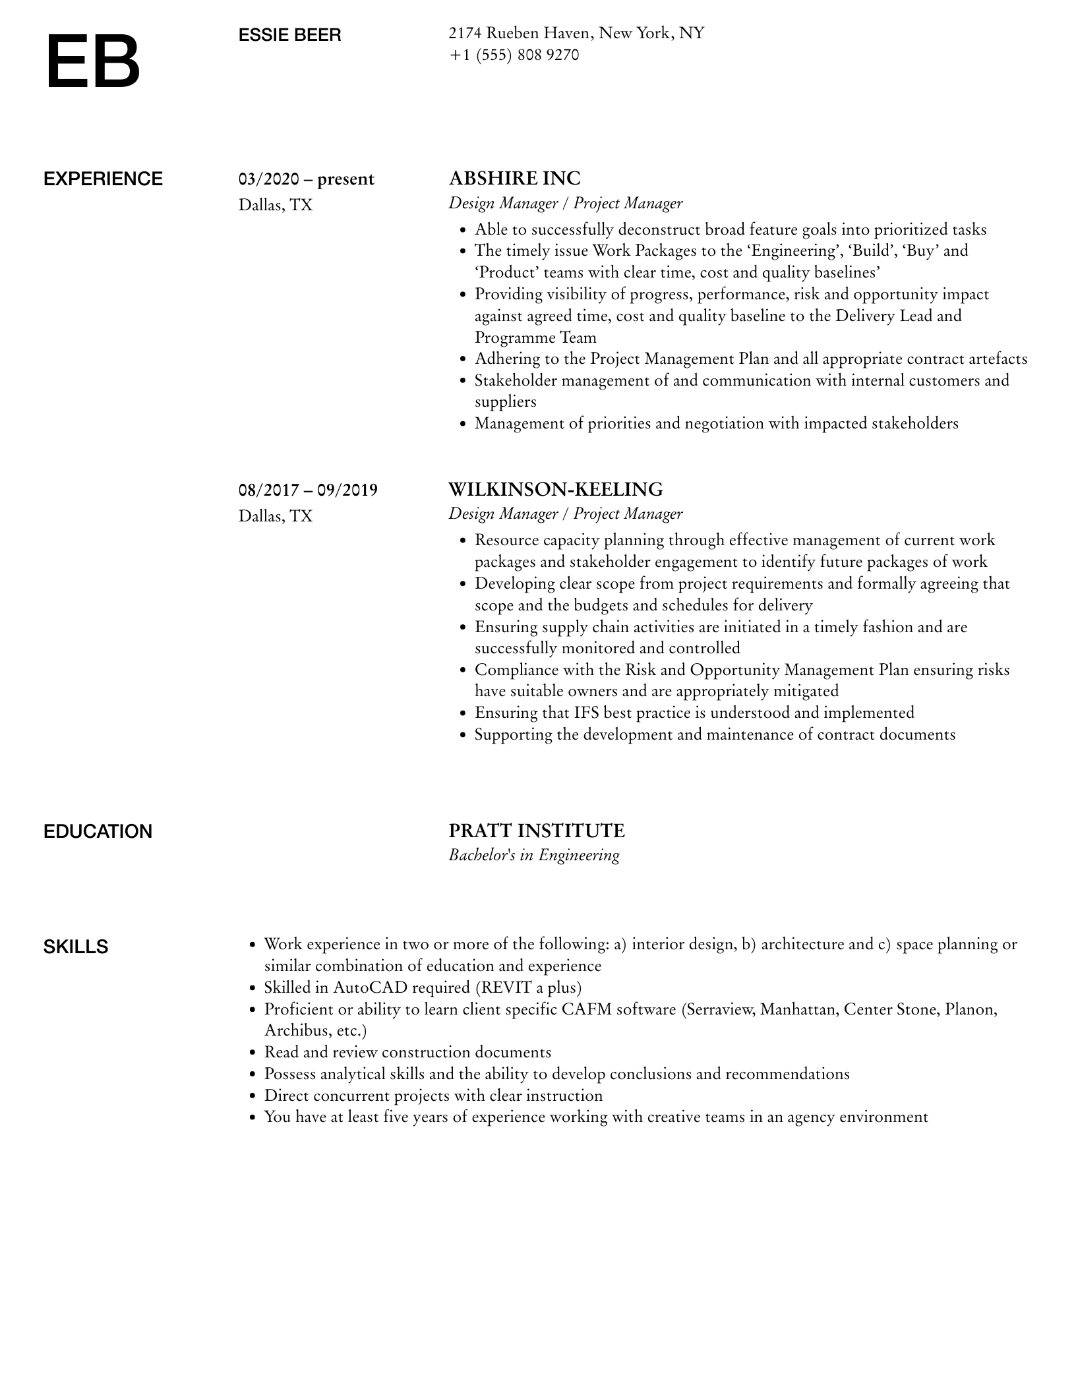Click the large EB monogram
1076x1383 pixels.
[x=93, y=62]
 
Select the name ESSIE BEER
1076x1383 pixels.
[x=289, y=35]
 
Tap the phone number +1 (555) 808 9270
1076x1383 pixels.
[x=514, y=55]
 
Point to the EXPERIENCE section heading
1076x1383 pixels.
[x=103, y=179]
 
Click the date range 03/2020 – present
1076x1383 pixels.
[x=306, y=179]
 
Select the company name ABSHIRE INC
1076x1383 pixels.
[x=514, y=178]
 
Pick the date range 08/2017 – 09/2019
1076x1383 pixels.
[x=308, y=490]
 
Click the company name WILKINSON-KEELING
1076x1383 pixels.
[x=555, y=489]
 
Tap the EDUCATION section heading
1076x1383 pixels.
[x=98, y=831]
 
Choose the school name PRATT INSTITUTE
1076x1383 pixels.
[x=536, y=831]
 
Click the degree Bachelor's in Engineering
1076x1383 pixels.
[x=533, y=855]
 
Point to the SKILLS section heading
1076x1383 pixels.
[x=76, y=947]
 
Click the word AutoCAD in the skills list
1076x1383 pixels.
[x=370, y=987]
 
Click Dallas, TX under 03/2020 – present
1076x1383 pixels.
[x=276, y=205]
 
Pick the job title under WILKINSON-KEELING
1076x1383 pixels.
[x=565, y=514]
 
